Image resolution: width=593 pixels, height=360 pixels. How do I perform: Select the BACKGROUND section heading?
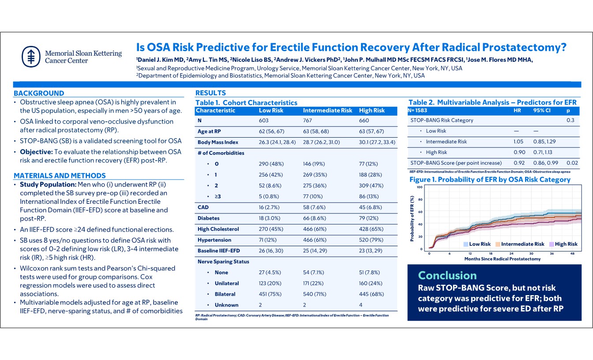(x=39, y=93)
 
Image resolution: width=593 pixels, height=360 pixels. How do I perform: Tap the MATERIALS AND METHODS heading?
(x=60, y=176)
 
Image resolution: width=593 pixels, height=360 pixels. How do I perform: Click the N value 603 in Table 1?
(x=263, y=120)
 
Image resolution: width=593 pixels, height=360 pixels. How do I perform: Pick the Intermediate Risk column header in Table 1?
(x=327, y=110)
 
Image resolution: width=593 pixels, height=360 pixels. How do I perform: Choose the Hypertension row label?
(x=214, y=240)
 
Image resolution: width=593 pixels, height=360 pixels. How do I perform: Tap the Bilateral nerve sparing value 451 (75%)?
(x=272, y=294)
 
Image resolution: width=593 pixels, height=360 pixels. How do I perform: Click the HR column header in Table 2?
(x=518, y=110)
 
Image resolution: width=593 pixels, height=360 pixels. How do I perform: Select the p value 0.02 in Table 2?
(x=572, y=163)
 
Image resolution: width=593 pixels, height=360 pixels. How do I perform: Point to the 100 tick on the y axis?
(x=420, y=187)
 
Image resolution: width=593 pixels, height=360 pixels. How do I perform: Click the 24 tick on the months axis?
(x=511, y=253)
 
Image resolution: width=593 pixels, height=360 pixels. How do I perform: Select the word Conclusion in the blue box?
(x=447, y=275)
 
